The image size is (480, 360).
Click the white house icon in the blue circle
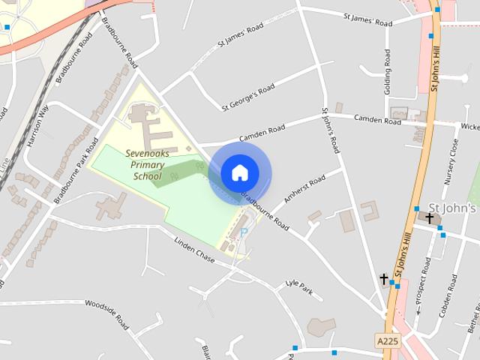239,173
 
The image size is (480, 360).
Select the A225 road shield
387,341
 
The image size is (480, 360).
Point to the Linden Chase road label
194,250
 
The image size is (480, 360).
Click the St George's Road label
247,97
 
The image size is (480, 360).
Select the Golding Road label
388,73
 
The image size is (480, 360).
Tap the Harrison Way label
37,124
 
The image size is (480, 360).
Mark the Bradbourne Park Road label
76,159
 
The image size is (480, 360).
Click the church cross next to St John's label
430,218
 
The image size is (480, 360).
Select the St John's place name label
451,208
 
